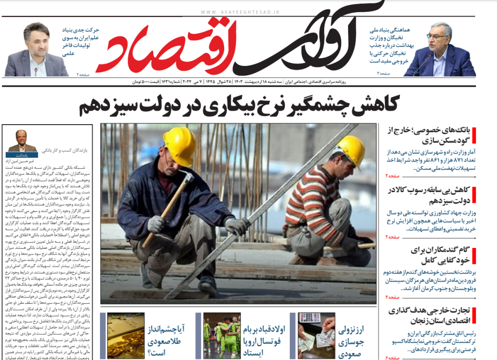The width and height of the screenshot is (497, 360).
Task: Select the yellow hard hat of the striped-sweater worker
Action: tap(351, 150)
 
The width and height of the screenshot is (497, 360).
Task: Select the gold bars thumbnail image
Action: tap(126, 335)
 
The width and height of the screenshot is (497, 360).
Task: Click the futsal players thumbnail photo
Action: tap(222, 335)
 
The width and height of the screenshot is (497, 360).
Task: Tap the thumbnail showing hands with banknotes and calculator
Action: tap(316, 335)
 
